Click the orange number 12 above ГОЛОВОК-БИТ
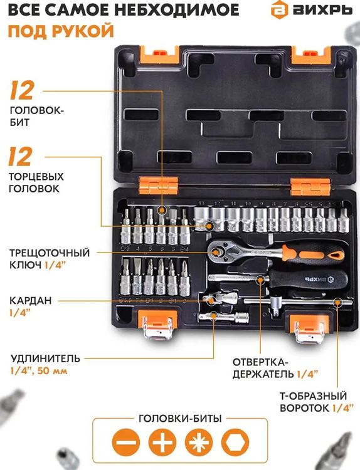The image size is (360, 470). pos(21,92)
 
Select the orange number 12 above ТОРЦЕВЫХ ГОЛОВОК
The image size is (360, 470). pos(21,157)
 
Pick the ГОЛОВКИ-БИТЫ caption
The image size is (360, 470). pos(179,419)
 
